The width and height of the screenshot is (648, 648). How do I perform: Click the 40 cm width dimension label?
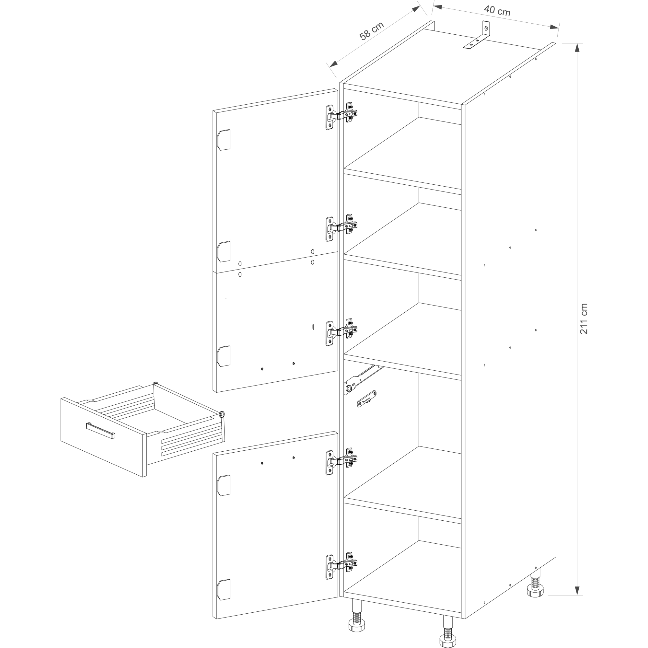pyautogui.click(x=497, y=11)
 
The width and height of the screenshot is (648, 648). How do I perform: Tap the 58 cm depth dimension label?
pyautogui.click(x=371, y=31)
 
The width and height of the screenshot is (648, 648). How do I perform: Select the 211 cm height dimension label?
pyautogui.click(x=584, y=318)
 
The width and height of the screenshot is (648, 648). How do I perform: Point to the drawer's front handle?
pyautogui.click(x=100, y=430)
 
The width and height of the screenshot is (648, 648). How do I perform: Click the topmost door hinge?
pyautogui.click(x=341, y=116)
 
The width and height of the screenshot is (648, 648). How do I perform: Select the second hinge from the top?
pyautogui.click(x=341, y=227)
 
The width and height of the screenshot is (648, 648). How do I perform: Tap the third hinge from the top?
pyautogui.click(x=341, y=332)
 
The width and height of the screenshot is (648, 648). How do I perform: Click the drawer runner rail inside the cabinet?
pyautogui.click(x=363, y=379)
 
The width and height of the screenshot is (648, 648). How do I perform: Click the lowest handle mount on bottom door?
pyautogui.click(x=224, y=590)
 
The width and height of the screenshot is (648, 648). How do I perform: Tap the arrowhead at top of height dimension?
pyautogui.click(x=577, y=48)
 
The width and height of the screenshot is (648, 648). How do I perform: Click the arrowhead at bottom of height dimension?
pyautogui.click(x=577, y=591)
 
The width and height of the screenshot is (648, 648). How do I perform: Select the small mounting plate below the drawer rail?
pyautogui.click(x=367, y=399)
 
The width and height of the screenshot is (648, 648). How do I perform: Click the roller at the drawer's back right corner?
pyautogui.click(x=222, y=415)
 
